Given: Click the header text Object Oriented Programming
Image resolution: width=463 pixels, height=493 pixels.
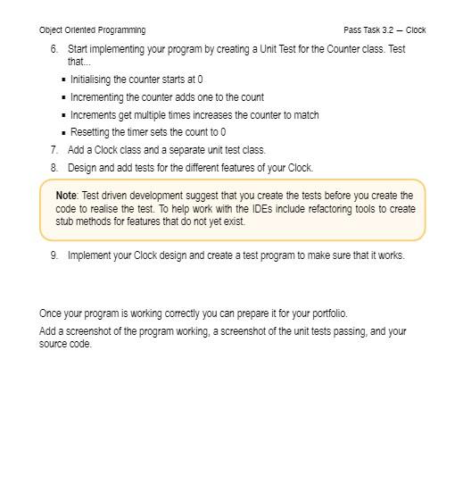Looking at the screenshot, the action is (x=92, y=30).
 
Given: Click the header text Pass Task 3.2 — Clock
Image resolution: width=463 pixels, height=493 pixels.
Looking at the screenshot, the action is (x=384, y=30).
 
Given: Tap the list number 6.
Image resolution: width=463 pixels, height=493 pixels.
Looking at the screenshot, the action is (x=54, y=49).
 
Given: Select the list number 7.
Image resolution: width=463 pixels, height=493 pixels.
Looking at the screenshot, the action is (x=54, y=150).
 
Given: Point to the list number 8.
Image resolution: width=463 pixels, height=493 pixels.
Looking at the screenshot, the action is (x=54, y=168).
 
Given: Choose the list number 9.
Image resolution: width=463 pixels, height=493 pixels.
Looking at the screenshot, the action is (x=54, y=255).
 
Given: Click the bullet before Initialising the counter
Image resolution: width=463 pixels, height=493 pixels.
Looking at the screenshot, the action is (x=63, y=80).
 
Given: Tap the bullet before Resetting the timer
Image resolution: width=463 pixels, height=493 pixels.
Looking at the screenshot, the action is (x=63, y=133).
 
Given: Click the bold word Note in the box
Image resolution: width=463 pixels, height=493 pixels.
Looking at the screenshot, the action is (x=66, y=196).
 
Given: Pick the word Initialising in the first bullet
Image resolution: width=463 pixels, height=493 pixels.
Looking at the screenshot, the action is (x=92, y=79).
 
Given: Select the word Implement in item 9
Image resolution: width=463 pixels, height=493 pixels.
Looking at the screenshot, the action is (x=88, y=255).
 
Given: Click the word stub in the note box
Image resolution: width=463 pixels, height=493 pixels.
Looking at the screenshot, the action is (x=64, y=221).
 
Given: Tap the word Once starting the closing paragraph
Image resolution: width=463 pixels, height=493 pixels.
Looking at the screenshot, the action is (x=50, y=313).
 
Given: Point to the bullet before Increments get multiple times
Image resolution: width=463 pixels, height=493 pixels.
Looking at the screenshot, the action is (x=63, y=115).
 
